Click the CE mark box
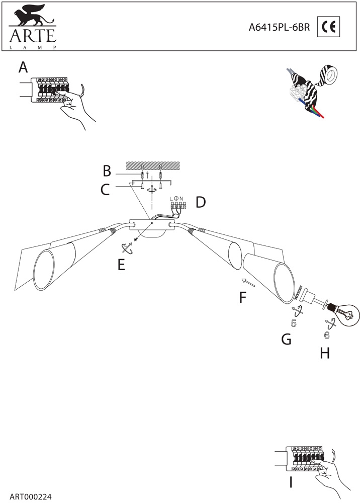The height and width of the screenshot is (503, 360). [329, 28]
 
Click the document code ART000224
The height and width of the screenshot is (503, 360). [30, 496]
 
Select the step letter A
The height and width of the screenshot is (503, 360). [23, 67]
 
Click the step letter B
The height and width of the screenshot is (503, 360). [107, 171]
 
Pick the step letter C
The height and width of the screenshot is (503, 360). [105, 190]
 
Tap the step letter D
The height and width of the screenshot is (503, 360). [201, 203]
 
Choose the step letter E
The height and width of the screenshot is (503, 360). [121, 265]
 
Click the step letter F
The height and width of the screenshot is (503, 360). [243, 298]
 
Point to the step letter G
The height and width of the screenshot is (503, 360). [286, 340]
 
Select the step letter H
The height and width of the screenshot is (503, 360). [325, 353]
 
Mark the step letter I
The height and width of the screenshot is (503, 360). [291, 483]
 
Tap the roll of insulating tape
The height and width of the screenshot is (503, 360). [331, 75]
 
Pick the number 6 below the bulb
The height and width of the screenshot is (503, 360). [327, 334]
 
